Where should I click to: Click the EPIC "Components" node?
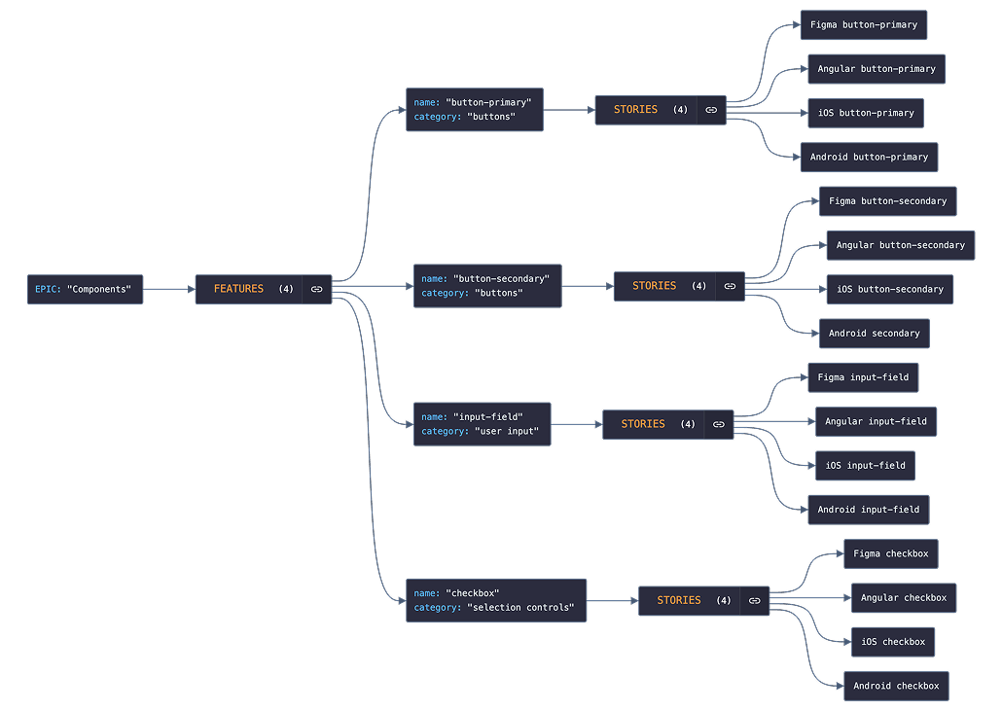pyautogui.click(x=85, y=290)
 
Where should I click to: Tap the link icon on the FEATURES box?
pyautogui.click(x=317, y=289)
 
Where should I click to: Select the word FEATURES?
pyautogui.click(x=238, y=289)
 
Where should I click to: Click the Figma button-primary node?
pyautogui.click(x=863, y=24)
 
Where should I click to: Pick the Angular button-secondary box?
pyautogui.click(x=900, y=245)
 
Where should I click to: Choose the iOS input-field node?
pyautogui.click(x=865, y=465)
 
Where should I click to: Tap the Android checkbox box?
pyautogui.click(x=895, y=686)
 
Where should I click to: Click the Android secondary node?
pyautogui.click(x=874, y=334)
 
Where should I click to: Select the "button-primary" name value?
pyautogui.click(x=488, y=102)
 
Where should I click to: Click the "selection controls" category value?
pyautogui.click(x=520, y=608)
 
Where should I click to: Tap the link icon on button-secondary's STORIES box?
pyautogui.click(x=730, y=286)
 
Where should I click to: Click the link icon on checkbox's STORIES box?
pyautogui.click(x=754, y=601)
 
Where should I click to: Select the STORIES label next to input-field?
pyautogui.click(x=643, y=424)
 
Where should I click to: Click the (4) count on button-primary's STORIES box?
pyautogui.click(x=680, y=110)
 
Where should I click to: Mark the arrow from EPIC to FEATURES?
pyautogui.click(x=169, y=289)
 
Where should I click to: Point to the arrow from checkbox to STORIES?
pyautogui.click(x=612, y=601)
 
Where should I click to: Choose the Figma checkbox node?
pyautogui.click(x=890, y=553)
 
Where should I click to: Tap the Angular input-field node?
pyautogui.click(x=876, y=421)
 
